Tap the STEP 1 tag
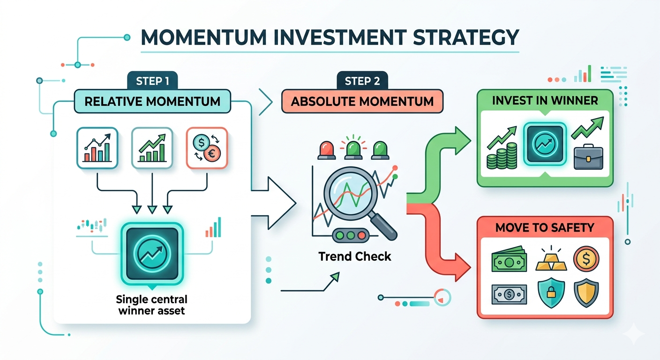(152, 81)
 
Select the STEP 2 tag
(362, 81)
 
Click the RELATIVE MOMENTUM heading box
(152, 101)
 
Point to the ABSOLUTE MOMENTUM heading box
(362, 101)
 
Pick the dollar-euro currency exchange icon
(207, 148)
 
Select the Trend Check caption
(355, 256)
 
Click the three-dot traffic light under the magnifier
(351, 235)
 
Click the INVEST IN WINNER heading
(545, 100)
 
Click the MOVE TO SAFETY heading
(545, 228)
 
